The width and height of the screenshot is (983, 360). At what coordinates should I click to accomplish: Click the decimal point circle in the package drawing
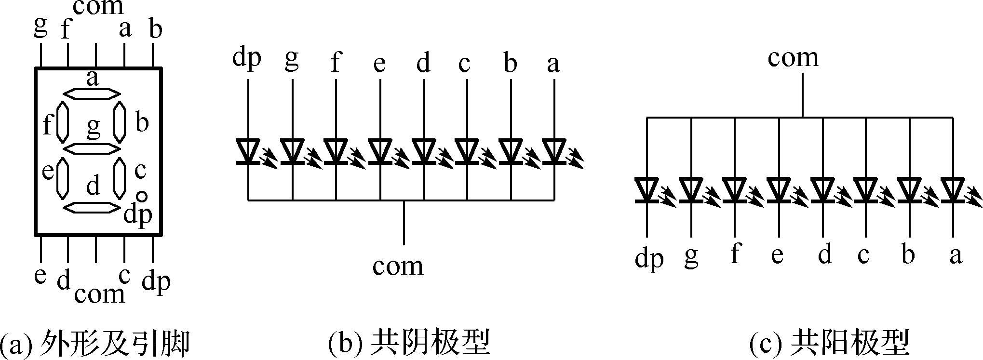point(141,196)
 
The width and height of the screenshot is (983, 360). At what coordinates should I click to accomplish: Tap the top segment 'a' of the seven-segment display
point(92,93)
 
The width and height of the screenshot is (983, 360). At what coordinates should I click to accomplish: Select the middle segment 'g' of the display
point(92,149)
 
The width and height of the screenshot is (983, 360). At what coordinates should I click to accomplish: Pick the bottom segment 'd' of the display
point(92,207)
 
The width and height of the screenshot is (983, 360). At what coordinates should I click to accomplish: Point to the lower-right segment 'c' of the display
point(120,178)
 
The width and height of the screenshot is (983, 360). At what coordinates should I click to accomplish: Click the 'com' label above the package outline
point(98,7)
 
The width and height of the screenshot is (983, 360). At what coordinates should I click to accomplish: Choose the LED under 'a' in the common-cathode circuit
point(554,151)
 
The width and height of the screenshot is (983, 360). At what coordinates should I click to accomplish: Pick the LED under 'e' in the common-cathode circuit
point(380,151)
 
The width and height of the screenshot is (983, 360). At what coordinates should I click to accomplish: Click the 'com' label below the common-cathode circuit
point(398,266)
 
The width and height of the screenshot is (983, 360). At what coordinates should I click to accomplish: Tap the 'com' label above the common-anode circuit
point(793,58)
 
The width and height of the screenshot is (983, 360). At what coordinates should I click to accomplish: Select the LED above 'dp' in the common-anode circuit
point(647,190)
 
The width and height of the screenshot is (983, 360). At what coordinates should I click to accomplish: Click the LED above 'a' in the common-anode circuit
point(953,190)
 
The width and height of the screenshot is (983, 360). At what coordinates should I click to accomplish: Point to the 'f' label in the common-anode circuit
point(734,253)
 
